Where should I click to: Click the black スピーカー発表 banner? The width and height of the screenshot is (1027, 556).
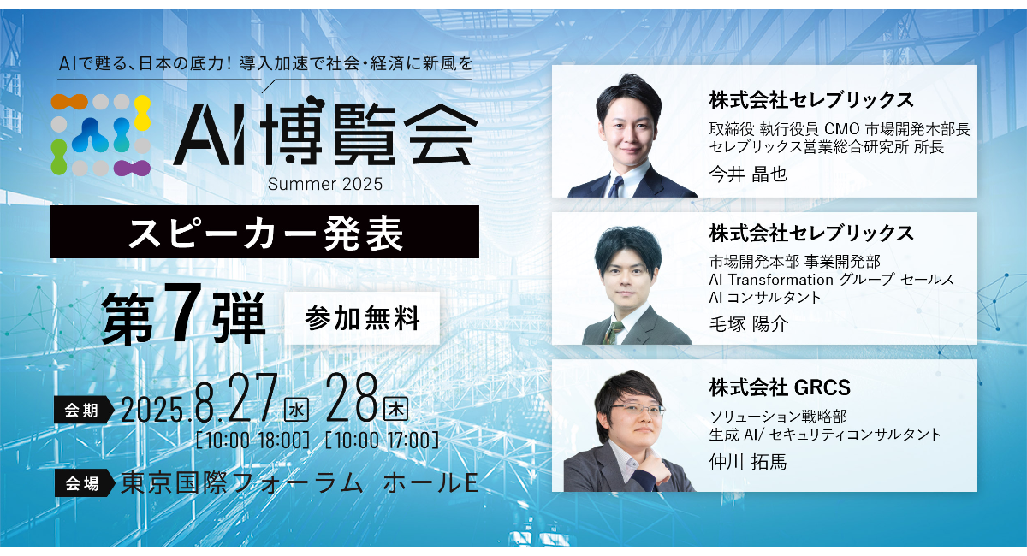(264, 232)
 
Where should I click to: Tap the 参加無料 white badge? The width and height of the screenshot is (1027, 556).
(362, 318)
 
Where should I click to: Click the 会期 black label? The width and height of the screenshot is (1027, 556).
(83, 410)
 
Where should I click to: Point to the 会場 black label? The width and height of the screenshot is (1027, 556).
(84, 482)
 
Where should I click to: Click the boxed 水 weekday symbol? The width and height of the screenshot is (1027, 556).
(296, 411)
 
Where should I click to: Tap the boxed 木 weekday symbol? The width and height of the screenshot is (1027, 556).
(395, 411)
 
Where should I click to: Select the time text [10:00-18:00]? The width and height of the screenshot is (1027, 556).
(252, 441)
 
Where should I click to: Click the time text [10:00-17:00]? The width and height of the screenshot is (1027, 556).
(382, 441)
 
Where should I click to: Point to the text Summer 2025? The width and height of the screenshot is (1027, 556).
(325, 184)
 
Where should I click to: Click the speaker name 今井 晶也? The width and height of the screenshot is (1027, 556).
(748, 174)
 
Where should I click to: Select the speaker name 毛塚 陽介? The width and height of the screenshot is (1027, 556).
(749, 324)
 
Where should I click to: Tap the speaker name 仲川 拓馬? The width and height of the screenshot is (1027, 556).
(748, 462)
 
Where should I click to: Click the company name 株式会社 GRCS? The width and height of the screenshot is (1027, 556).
(780, 387)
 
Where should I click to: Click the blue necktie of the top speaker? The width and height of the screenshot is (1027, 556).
(615, 187)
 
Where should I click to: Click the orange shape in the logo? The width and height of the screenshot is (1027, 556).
(69, 102)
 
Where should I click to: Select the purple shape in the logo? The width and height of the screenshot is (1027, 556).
(132, 169)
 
